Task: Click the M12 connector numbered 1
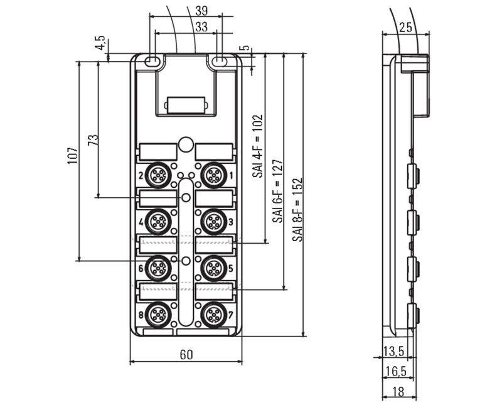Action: tap(213, 175)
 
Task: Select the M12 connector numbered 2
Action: tap(158, 175)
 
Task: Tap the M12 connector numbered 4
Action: tap(158, 222)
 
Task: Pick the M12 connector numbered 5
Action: tap(213, 268)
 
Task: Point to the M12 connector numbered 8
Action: tap(158, 315)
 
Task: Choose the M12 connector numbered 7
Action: tap(213, 315)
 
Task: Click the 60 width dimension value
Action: tap(186, 355)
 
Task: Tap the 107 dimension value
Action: tap(73, 156)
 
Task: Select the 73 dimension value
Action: tap(93, 140)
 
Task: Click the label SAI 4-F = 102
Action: tap(257, 146)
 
